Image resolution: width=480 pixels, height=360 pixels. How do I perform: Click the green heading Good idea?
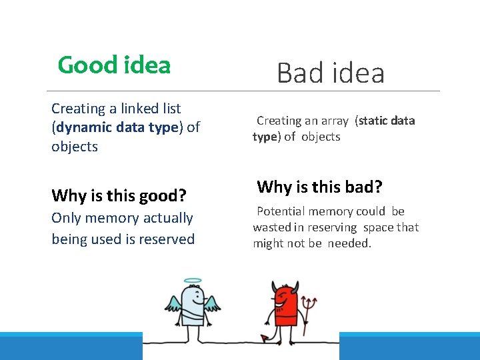coord(114,65)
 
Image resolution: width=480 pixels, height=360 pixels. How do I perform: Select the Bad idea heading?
coord(331,72)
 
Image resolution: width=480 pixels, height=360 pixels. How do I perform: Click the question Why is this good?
coord(119,195)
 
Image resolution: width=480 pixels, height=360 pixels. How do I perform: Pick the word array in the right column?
coord(335,121)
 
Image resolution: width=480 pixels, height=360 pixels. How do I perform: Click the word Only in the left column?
coord(67,218)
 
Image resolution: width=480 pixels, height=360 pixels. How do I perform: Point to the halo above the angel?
coord(192,281)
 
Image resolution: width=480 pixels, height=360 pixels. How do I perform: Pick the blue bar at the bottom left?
coord(71,347)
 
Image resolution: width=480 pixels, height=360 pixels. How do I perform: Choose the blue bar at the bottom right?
coord(409,347)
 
